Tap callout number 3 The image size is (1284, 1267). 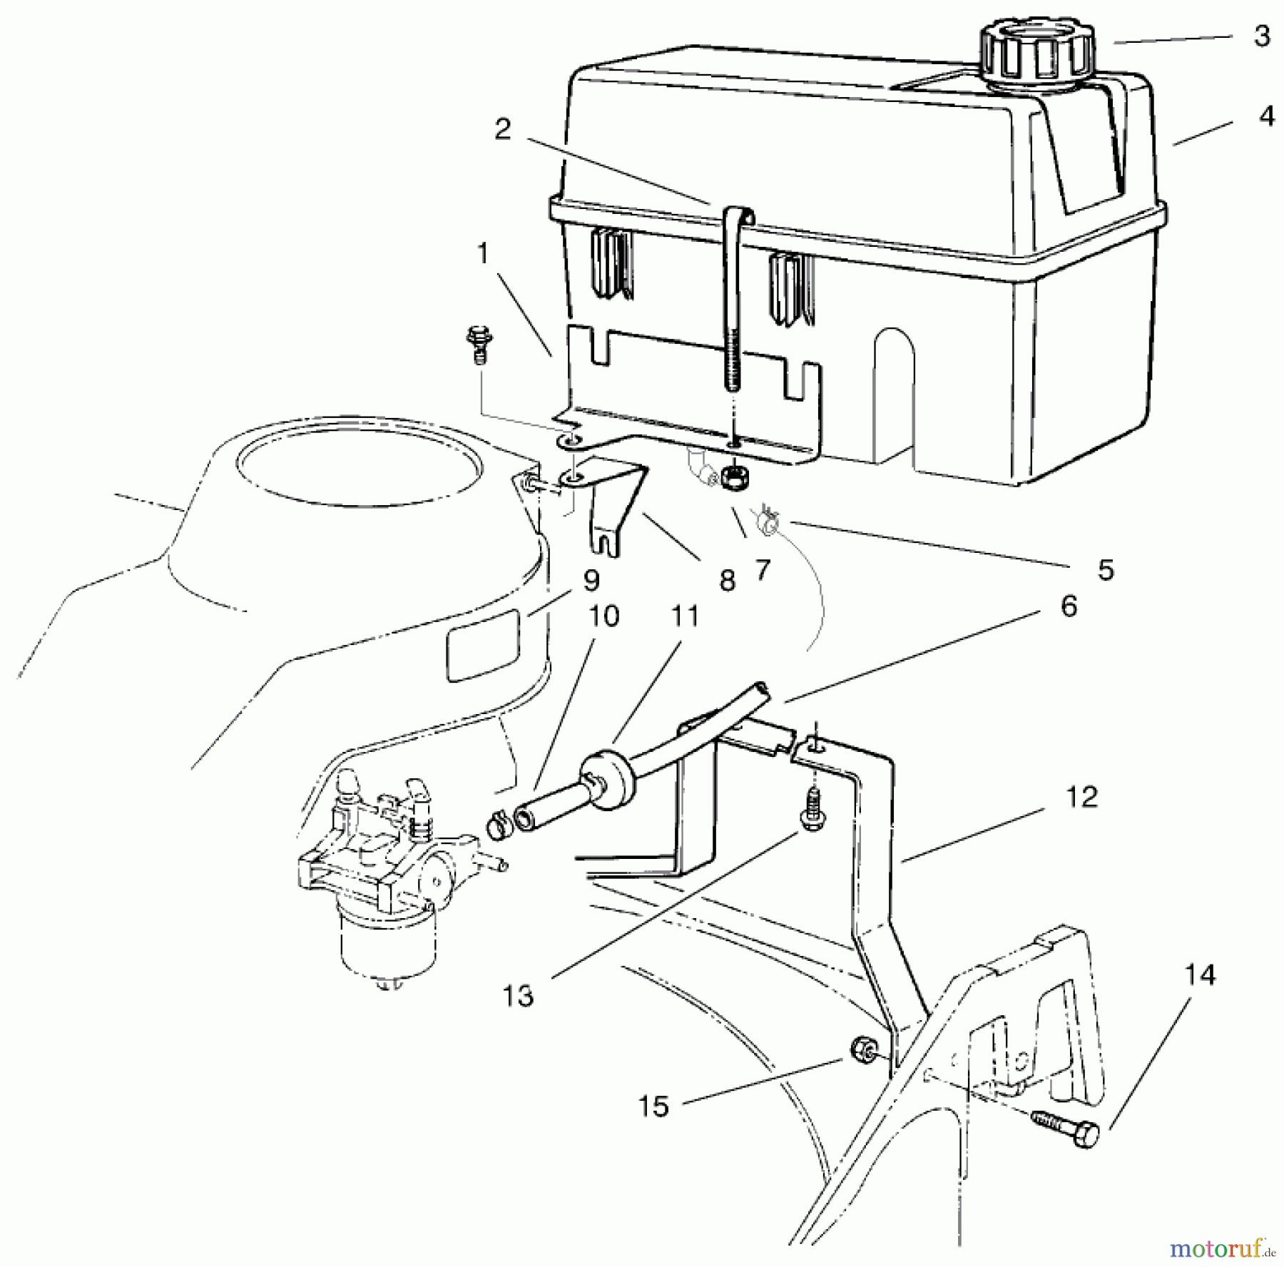(x=1261, y=36)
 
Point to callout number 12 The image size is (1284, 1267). (x=1081, y=797)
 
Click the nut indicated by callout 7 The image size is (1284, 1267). (x=733, y=476)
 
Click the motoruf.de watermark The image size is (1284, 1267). (x=1221, y=1248)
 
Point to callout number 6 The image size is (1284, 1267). (x=1068, y=607)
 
